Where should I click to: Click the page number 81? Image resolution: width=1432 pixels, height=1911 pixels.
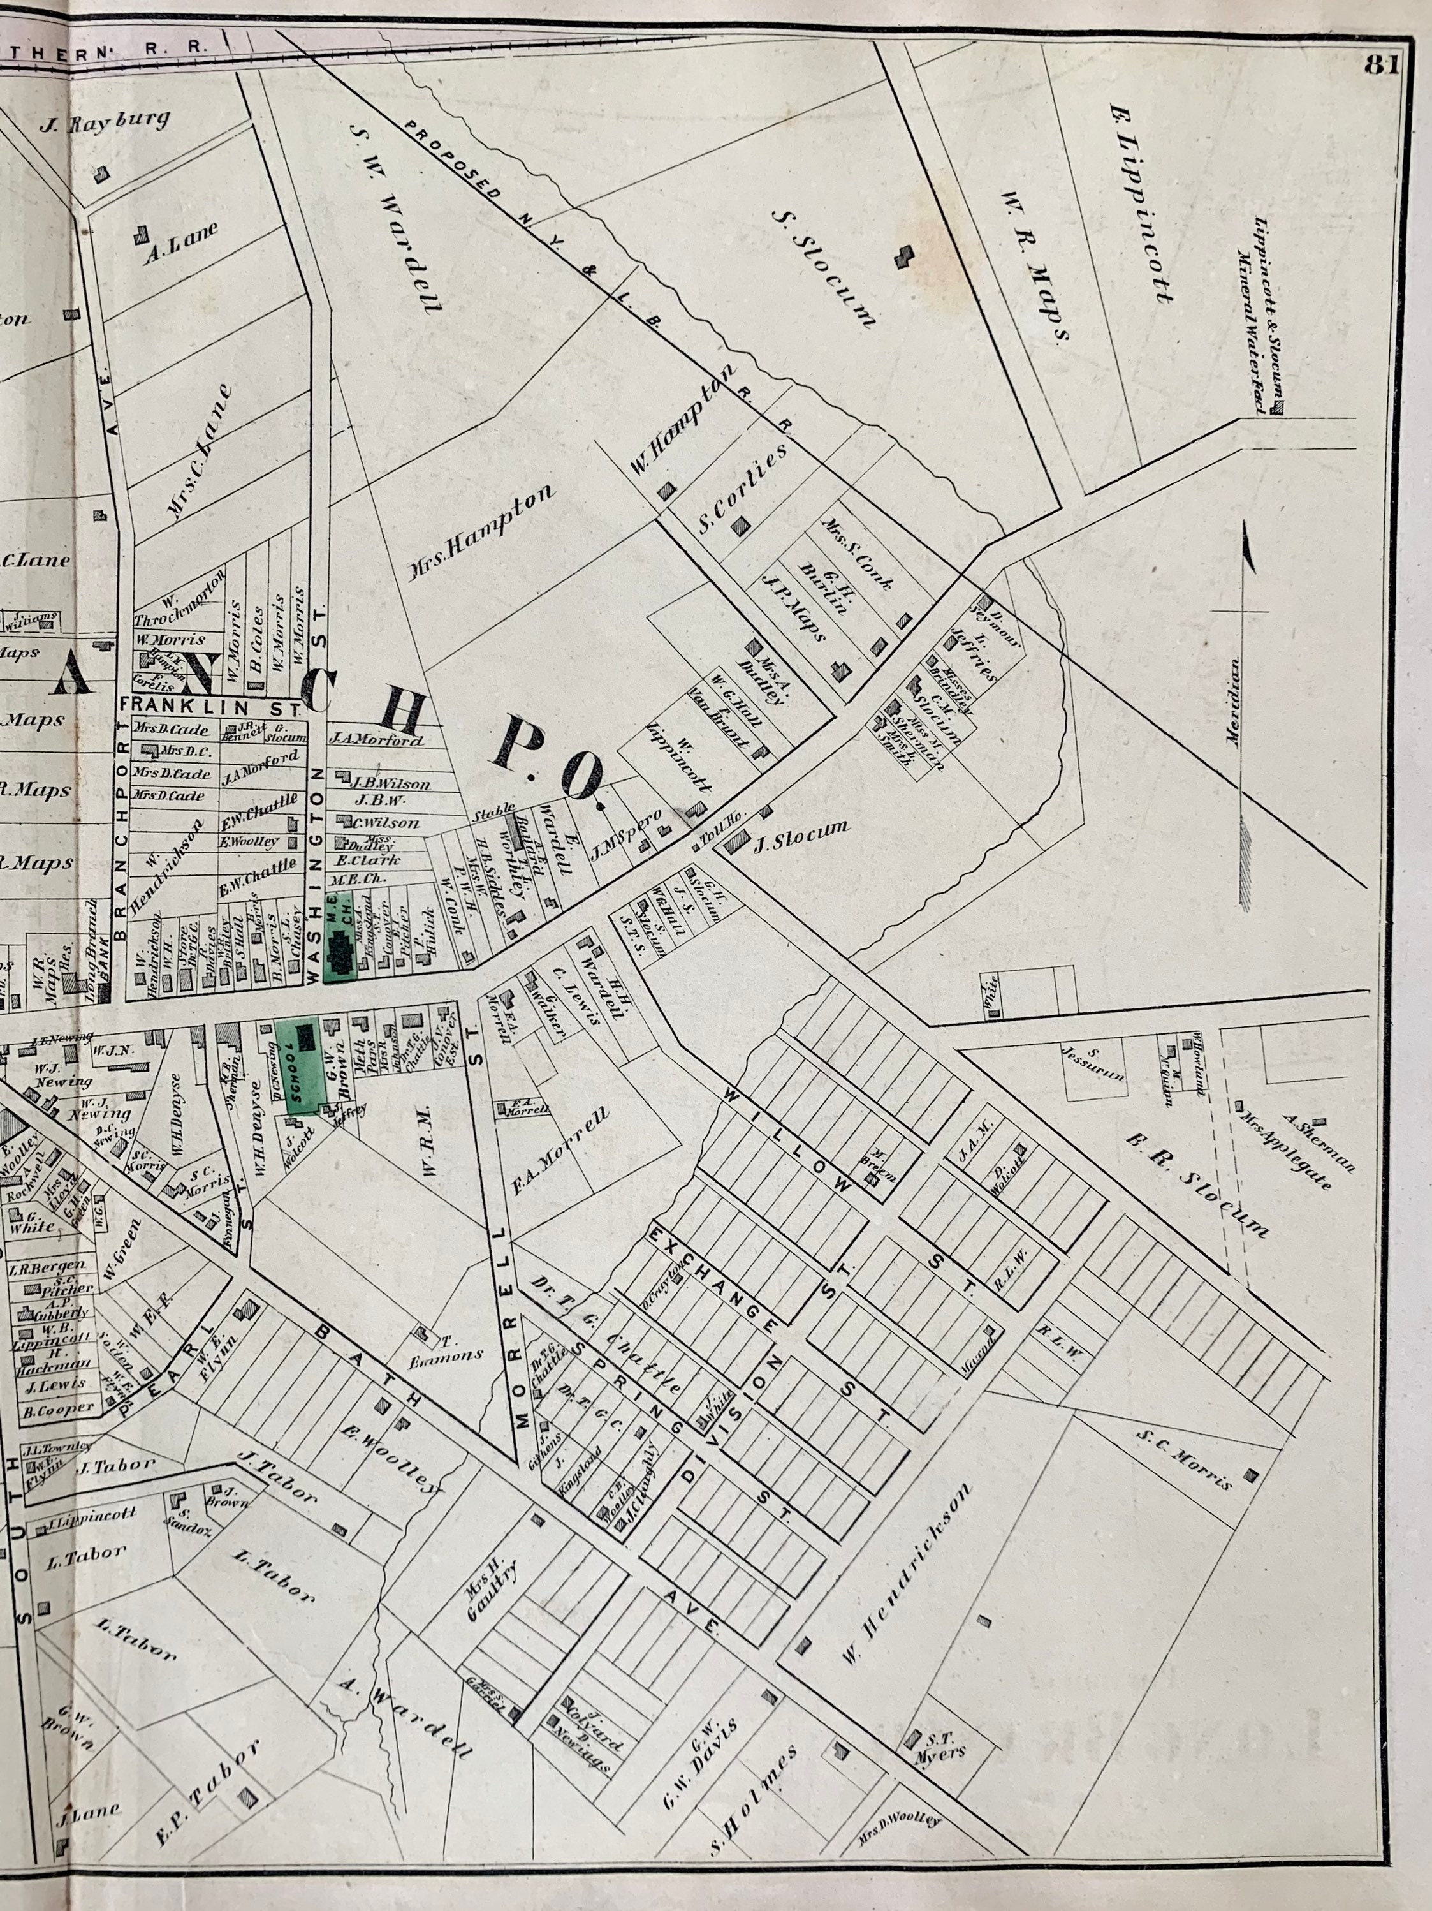point(1382,66)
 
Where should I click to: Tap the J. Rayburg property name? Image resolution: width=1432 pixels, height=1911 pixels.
point(105,122)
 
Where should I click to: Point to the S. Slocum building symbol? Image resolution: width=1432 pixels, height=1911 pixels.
point(903,256)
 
